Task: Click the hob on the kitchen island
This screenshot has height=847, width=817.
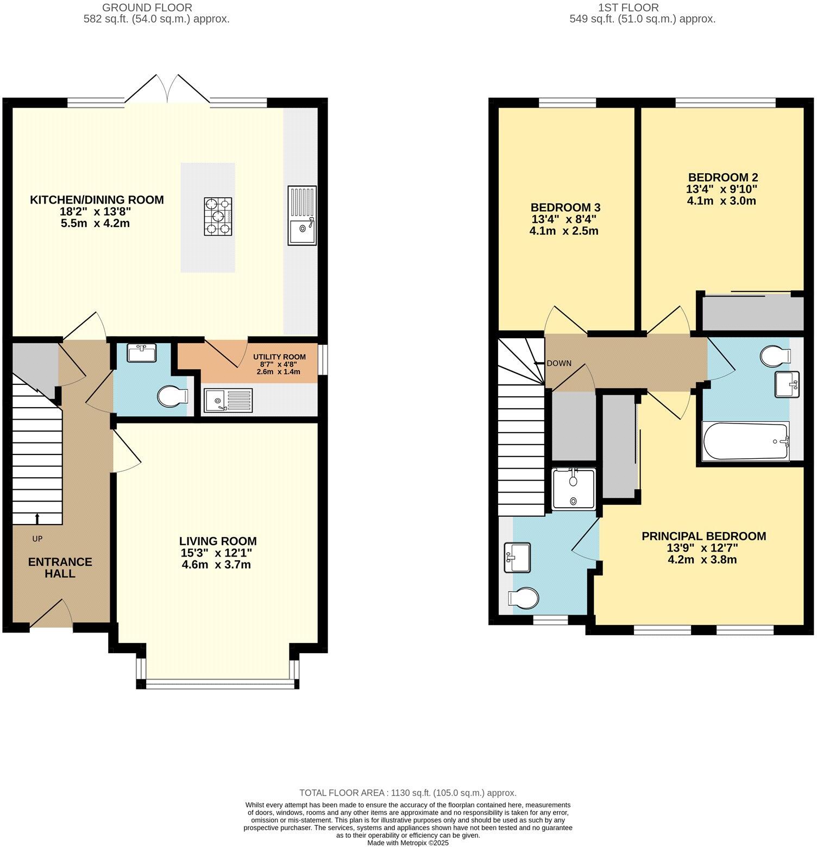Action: point(218,216)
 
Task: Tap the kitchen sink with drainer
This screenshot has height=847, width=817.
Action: point(303,215)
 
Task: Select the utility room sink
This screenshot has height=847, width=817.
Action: point(228,400)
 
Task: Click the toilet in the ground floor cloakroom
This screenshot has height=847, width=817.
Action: point(172,396)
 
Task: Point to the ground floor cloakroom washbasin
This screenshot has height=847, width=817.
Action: point(142,352)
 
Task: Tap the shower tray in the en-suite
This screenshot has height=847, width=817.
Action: point(574,489)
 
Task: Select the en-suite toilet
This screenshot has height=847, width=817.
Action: point(523,598)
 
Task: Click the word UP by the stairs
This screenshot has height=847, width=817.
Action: point(37,539)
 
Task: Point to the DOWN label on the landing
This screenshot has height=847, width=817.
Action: point(558,363)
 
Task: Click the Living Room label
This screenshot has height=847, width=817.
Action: point(218,541)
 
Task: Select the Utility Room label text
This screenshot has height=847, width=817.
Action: point(279,357)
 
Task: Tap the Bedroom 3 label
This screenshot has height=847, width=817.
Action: point(565,207)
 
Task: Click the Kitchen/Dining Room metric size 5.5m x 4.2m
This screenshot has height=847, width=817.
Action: point(96,223)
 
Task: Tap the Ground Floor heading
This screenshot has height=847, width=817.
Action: point(147,8)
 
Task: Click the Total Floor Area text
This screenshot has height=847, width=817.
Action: point(407,793)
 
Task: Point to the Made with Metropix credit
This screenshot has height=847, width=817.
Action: point(407,843)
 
